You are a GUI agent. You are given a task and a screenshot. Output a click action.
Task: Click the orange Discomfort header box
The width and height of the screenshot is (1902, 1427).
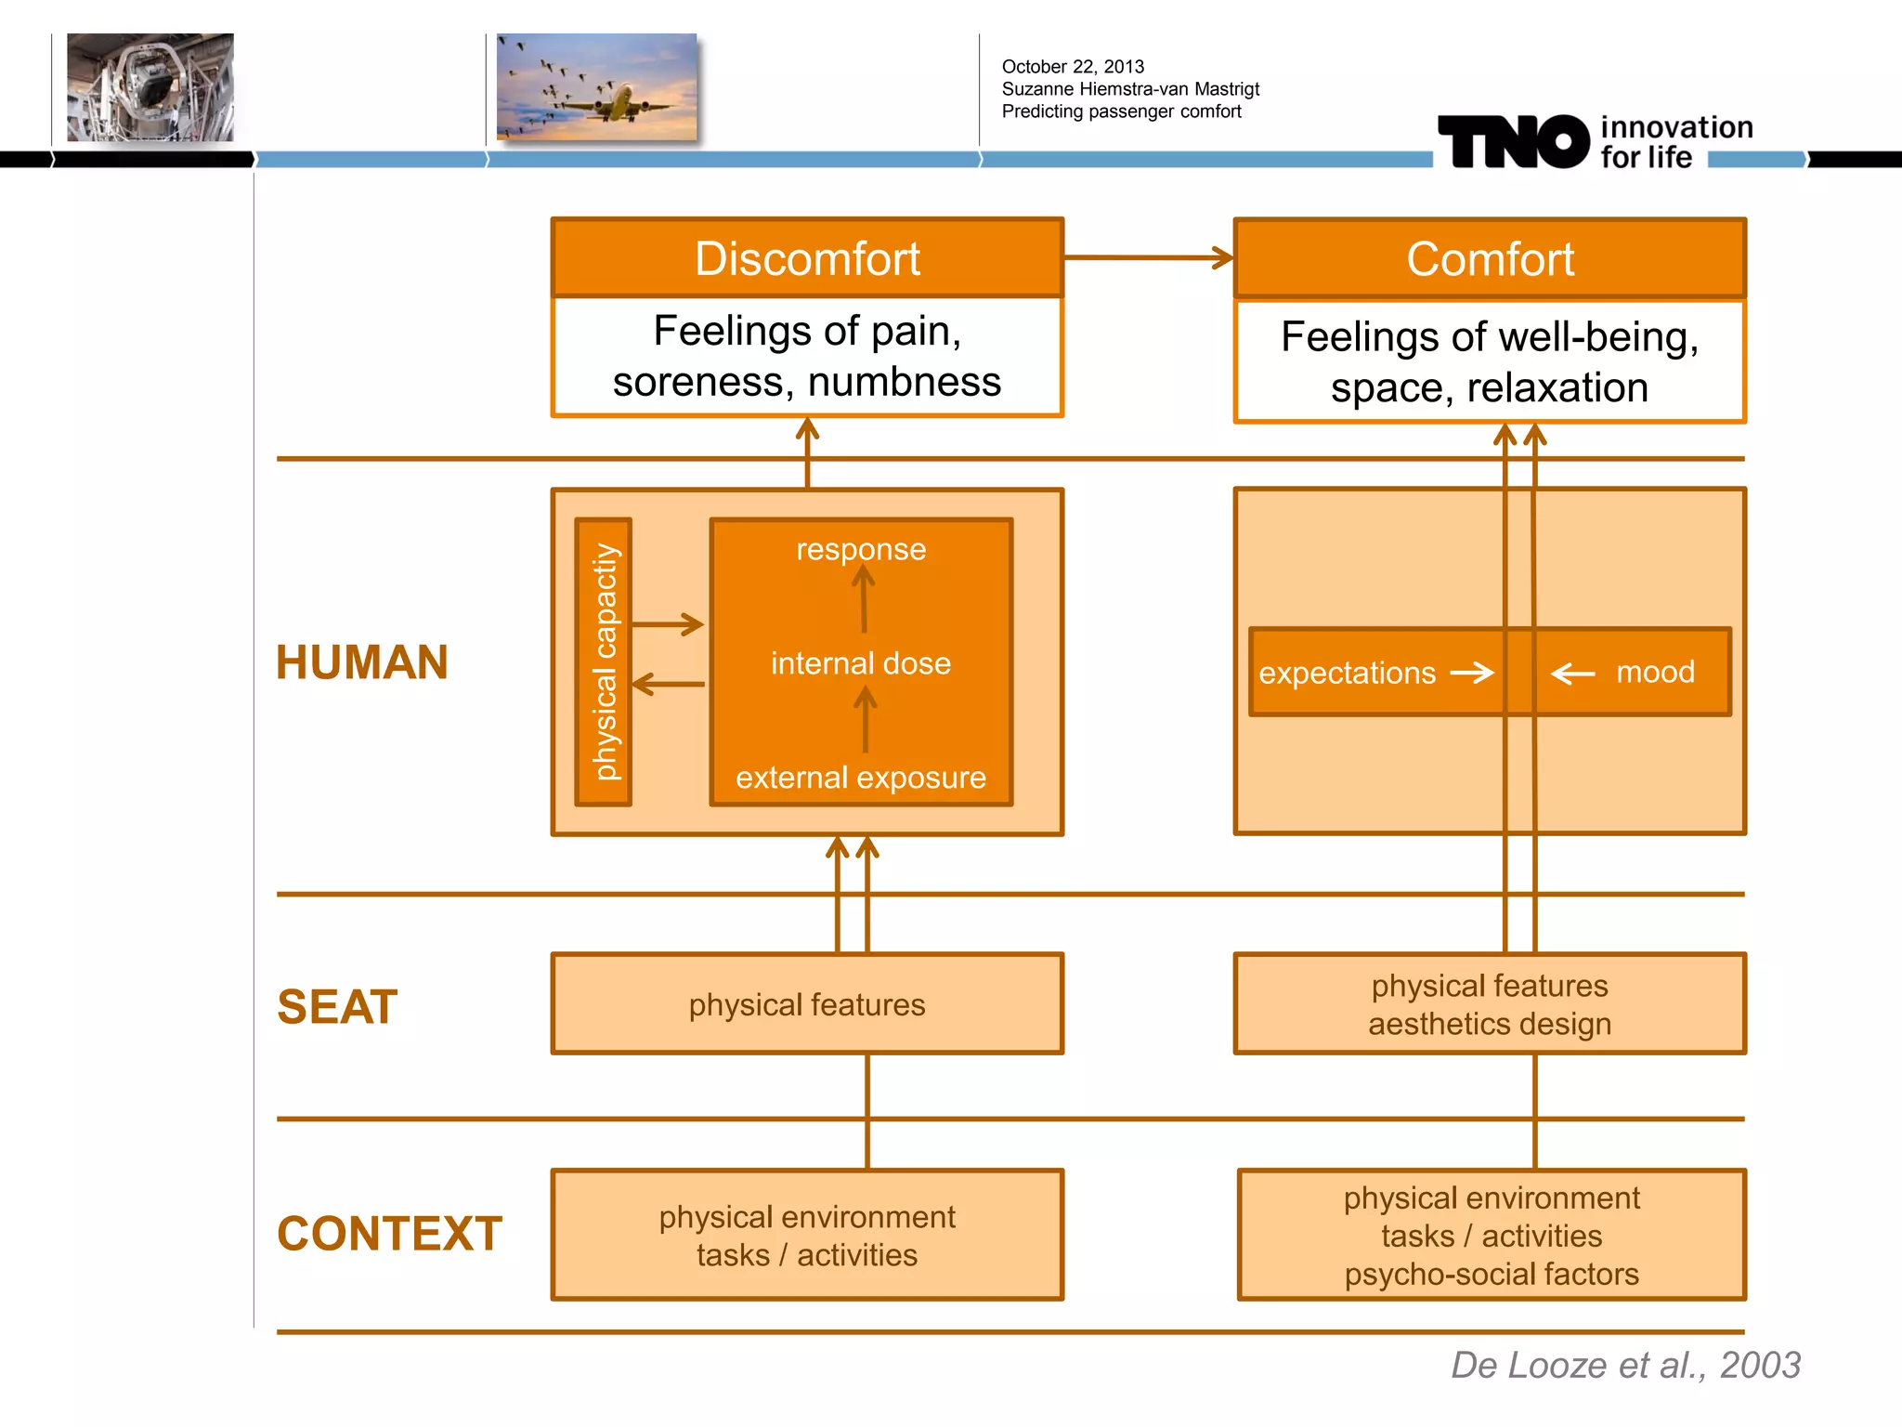pyautogui.click(x=807, y=258)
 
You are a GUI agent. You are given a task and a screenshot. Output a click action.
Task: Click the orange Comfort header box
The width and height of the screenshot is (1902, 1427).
pyautogui.click(x=1490, y=259)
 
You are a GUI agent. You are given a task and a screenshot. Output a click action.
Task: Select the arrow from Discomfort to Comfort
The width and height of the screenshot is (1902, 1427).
pyautogui.click(x=1148, y=257)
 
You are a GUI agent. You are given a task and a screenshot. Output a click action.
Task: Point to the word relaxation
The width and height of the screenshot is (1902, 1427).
pyautogui.click(x=1557, y=388)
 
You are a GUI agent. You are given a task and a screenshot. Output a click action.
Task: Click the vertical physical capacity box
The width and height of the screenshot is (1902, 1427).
pyautogui.click(x=604, y=661)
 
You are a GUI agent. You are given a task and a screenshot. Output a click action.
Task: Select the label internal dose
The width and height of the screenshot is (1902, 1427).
pyautogui.click(x=861, y=663)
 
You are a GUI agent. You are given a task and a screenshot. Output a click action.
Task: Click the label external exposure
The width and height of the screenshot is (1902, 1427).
pyautogui.click(x=861, y=777)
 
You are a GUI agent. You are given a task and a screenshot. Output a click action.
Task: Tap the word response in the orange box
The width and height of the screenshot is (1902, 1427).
pyautogui.click(x=861, y=549)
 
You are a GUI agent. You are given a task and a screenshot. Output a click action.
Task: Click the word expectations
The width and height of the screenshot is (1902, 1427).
pyautogui.click(x=1347, y=673)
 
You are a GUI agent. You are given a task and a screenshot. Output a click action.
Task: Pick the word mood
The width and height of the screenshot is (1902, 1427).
pyautogui.click(x=1655, y=672)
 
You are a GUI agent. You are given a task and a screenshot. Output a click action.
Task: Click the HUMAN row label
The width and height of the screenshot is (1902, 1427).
pyautogui.click(x=362, y=662)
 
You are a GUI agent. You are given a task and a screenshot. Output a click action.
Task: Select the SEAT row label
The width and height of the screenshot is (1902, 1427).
pyautogui.click(x=337, y=1007)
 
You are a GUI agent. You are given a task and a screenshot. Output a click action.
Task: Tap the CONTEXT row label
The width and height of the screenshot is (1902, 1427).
pyautogui.click(x=389, y=1234)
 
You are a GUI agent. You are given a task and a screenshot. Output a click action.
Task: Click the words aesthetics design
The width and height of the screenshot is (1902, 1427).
pyautogui.click(x=1490, y=1024)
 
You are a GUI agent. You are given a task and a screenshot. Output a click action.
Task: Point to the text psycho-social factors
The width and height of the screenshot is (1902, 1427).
pyautogui.click(x=1492, y=1274)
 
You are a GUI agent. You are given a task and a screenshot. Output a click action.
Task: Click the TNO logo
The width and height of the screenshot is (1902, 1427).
pyautogui.click(x=1514, y=142)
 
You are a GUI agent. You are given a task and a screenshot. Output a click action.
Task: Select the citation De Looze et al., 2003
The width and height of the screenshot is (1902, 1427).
pyautogui.click(x=1625, y=1365)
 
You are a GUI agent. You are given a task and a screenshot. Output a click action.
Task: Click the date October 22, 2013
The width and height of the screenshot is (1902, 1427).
pyautogui.click(x=1073, y=67)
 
